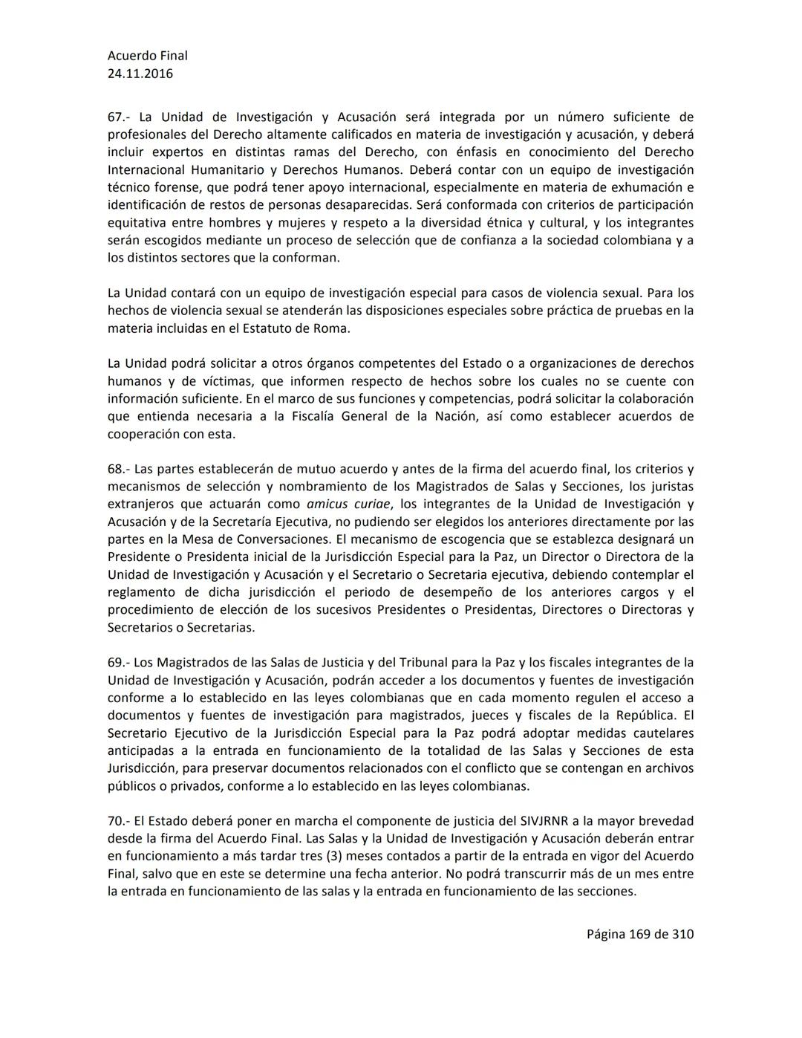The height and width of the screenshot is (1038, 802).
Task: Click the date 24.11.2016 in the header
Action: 140,74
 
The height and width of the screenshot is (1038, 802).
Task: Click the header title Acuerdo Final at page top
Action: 148,56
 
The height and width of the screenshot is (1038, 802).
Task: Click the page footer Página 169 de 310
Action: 640,934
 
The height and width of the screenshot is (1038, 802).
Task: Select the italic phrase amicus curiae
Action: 349,505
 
